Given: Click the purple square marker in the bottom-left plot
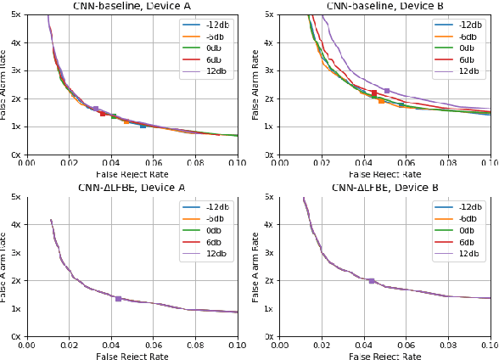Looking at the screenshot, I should [118, 298].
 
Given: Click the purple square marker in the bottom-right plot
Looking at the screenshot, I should [371, 280].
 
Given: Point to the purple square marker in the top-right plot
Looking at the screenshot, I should [386, 91].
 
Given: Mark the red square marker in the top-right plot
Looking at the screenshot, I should [374, 93].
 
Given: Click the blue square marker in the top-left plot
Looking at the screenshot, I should [143, 125].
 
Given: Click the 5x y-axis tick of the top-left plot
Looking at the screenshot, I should [15, 15].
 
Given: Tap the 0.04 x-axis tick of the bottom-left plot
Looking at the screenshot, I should [111, 346].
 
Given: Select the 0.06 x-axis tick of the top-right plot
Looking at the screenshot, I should [406, 164].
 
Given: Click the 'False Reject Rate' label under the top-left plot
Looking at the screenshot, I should [132, 174].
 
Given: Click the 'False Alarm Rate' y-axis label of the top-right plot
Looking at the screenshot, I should [256, 85].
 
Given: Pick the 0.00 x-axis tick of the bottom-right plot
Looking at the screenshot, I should [280, 346].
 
